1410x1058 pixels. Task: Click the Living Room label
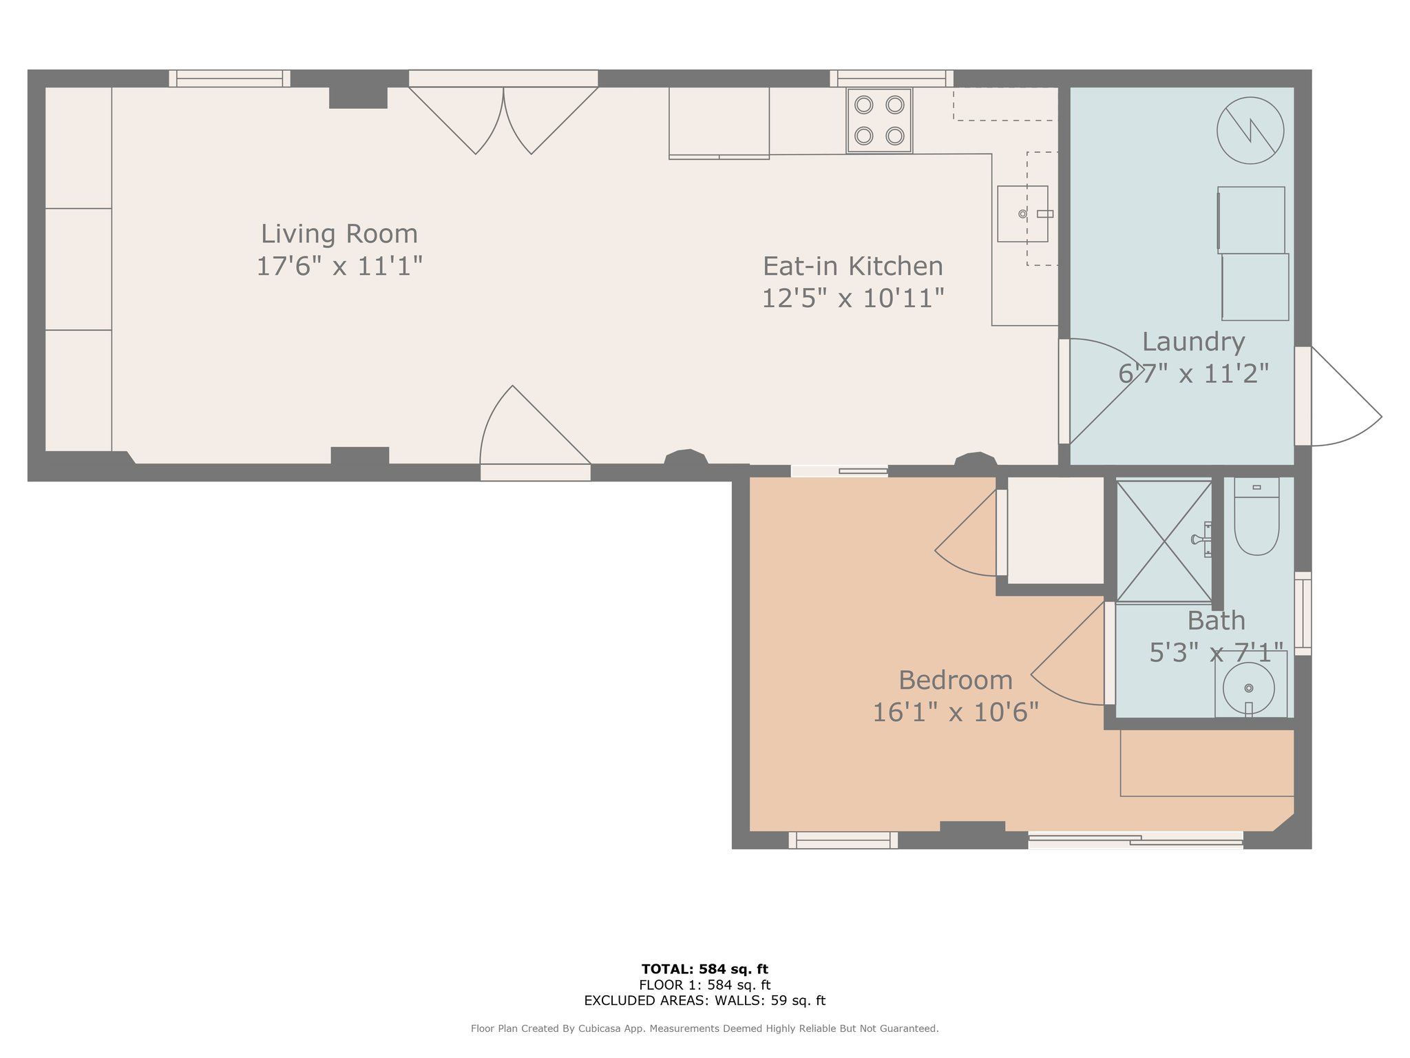click(x=339, y=234)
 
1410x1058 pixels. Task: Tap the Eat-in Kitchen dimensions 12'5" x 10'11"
click(x=852, y=298)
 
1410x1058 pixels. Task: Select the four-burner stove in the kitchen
click(x=879, y=121)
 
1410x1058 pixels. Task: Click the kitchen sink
click(x=1023, y=214)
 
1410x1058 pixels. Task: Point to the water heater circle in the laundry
click(x=1250, y=130)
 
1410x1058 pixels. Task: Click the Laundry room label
click(x=1193, y=342)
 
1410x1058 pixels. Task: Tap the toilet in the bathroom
click(x=1256, y=517)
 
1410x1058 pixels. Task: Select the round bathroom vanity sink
click(x=1249, y=687)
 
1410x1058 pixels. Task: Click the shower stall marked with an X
click(x=1164, y=541)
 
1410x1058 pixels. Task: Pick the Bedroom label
click(x=956, y=681)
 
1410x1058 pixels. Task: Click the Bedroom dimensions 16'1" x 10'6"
click(x=956, y=712)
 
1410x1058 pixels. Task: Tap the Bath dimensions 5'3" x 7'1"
click(x=1217, y=652)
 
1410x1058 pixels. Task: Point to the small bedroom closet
click(x=1055, y=530)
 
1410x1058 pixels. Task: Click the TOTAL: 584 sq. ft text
click(x=705, y=969)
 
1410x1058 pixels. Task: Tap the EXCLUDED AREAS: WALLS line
click(x=705, y=1001)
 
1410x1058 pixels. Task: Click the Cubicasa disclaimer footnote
click(x=705, y=1028)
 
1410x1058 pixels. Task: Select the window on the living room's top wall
click(x=229, y=79)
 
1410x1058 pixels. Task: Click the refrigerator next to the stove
click(x=719, y=123)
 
